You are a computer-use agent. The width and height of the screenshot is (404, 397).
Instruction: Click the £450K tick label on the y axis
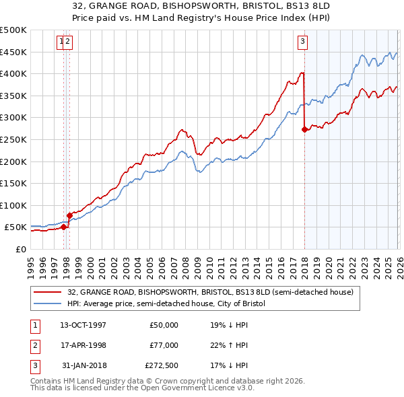tap(13, 52)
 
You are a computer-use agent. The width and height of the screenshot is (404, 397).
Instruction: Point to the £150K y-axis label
tap(13, 183)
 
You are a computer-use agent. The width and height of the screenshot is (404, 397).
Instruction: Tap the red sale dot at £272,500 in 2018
tap(304, 130)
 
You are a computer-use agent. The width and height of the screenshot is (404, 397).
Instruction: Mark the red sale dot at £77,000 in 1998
tap(69, 215)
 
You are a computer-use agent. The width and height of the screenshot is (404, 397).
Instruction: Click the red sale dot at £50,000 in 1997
tap(63, 227)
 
